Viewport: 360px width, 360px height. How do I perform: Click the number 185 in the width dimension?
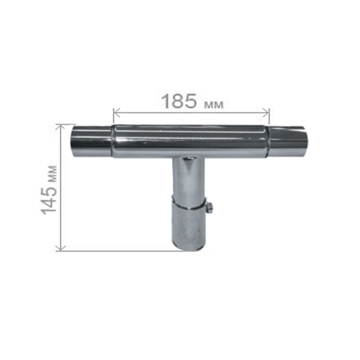[179, 101]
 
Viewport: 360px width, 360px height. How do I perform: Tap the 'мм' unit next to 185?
[213, 104]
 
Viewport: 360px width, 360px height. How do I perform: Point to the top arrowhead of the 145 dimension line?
[60, 127]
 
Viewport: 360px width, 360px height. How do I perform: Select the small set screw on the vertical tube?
[210, 207]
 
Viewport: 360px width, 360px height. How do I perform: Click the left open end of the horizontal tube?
[73, 141]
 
